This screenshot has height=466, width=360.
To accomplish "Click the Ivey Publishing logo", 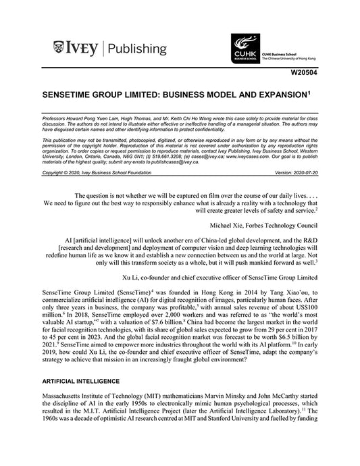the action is [109, 48].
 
